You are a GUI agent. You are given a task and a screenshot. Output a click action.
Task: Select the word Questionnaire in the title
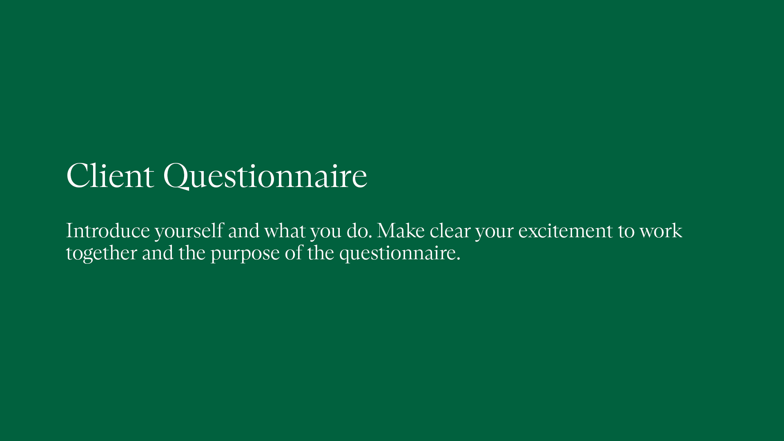click(x=265, y=176)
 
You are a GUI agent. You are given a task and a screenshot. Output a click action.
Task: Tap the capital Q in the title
click(x=176, y=176)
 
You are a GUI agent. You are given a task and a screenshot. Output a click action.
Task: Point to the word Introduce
click(x=108, y=231)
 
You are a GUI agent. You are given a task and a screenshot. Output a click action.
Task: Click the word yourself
click(x=189, y=231)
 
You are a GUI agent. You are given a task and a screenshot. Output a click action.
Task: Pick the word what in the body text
click(x=285, y=231)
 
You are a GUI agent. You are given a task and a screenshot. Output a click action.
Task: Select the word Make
click(x=401, y=231)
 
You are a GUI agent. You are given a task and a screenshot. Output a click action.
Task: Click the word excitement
click(x=566, y=231)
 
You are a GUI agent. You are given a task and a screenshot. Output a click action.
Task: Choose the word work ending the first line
click(x=661, y=231)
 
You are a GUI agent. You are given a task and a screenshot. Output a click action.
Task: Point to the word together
click(x=101, y=253)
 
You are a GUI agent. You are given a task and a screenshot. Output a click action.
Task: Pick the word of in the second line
click(x=294, y=253)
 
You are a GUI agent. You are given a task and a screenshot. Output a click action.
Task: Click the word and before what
click(x=244, y=231)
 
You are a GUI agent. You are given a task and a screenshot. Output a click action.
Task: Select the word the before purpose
click(x=192, y=253)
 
